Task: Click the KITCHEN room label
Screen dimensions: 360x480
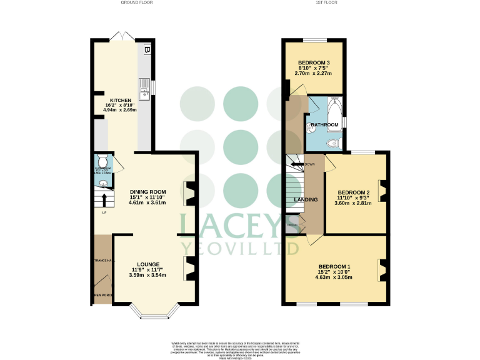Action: point(121,101)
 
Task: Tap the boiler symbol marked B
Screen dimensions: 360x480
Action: point(147,49)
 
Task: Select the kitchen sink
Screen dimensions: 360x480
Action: point(144,88)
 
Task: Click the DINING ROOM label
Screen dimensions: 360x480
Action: point(147,192)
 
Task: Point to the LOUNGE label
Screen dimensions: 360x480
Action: point(148,264)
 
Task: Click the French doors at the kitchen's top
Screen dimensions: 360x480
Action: point(120,36)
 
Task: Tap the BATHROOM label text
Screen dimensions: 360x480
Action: point(325,125)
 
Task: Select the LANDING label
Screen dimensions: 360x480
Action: point(306,200)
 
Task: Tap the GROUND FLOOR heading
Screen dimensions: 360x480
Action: point(136,3)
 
